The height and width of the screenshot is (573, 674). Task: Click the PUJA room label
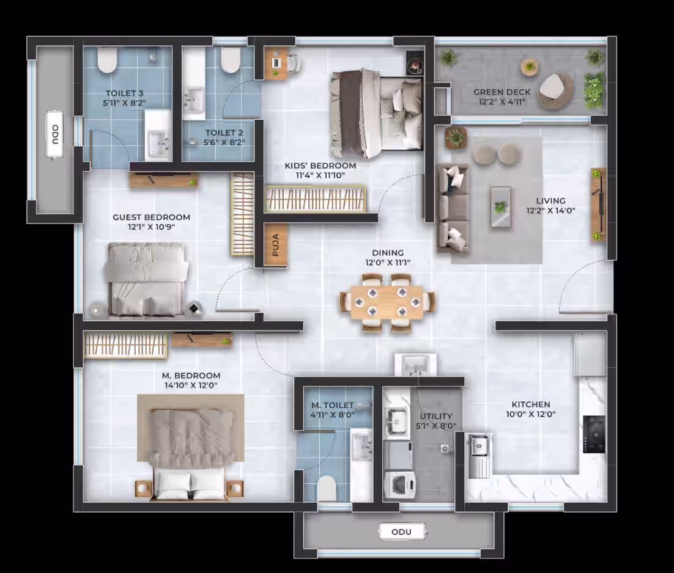(276, 245)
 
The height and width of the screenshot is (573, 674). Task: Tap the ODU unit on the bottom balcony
(402, 532)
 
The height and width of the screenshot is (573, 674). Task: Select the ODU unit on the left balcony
(54, 135)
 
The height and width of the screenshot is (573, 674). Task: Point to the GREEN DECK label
(502, 92)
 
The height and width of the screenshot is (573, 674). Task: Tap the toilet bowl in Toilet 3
(107, 60)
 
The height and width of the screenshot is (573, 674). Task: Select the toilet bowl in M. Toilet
(326, 488)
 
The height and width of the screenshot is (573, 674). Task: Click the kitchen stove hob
(594, 434)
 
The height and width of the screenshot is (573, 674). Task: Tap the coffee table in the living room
(501, 207)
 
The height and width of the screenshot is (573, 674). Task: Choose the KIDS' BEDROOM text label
(320, 166)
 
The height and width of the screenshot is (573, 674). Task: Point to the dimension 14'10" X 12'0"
(191, 385)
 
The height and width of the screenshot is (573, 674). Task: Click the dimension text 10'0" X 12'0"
(531, 414)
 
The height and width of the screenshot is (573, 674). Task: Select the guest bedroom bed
(146, 279)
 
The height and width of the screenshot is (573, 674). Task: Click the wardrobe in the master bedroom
(125, 345)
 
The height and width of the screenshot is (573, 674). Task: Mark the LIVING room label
(550, 201)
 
